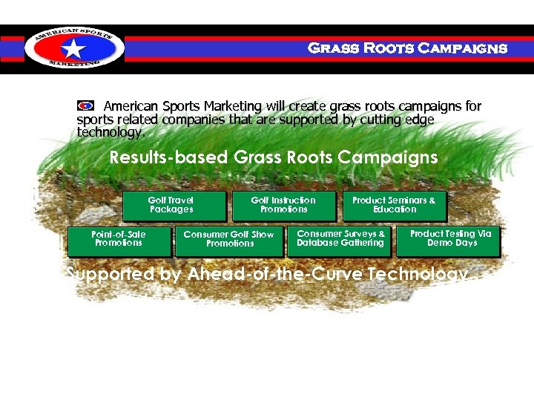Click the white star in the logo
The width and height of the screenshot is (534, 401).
pos(73,49)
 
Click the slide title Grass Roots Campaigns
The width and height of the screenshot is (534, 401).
pos(407,49)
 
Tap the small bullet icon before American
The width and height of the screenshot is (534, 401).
pos(85,105)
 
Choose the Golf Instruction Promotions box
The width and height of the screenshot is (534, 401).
pos(283,206)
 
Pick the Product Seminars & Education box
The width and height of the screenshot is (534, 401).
pos(394,206)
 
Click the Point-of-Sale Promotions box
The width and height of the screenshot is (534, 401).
pos(119,240)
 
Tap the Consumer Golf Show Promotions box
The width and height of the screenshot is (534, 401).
pos(229,240)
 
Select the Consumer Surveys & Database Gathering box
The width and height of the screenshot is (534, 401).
pos(340,240)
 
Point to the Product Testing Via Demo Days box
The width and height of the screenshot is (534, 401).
pos(450,240)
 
